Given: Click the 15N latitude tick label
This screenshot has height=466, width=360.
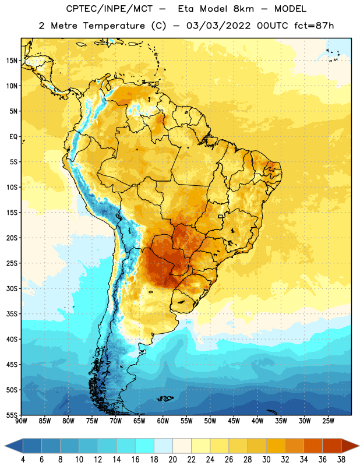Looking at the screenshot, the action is pyautogui.click(x=12, y=61).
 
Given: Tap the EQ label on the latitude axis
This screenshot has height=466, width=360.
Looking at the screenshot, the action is pyautogui.click(x=13, y=137).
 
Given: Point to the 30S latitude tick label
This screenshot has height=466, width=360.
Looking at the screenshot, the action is pyautogui.click(x=12, y=288).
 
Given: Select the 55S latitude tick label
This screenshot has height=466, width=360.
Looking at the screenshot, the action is pyautogui.click(x=12, y=415).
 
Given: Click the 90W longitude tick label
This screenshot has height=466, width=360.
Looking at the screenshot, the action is pyautogui.click(x=21, y=421).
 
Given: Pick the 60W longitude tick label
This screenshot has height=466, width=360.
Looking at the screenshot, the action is pyautogui.click(x=163, y=421).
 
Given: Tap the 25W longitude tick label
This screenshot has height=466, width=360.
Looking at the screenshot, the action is pyautogui.click(x=328, y=421).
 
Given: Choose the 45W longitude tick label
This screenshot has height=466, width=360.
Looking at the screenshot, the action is pyautogui.click(x=234, y=421).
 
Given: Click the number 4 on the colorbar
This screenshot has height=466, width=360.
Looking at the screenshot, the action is pyautogui.click(x=23, y=460).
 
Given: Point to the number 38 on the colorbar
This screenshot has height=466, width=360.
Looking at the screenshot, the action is pyautogui.click(x=341, y=460).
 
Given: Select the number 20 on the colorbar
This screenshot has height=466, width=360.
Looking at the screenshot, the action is pyautogui.click(x=172, y=460).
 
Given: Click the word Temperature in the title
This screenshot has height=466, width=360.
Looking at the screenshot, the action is pyautogui.click(x=114, y=26).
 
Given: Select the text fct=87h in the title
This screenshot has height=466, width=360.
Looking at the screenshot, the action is pyautogui.click(x=314, y=26).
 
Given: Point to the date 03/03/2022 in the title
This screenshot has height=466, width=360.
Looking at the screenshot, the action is pyautogui.click(x=218, y=26).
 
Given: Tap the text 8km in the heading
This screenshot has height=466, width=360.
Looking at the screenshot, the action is pyautogui.click(x=243, y=9).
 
